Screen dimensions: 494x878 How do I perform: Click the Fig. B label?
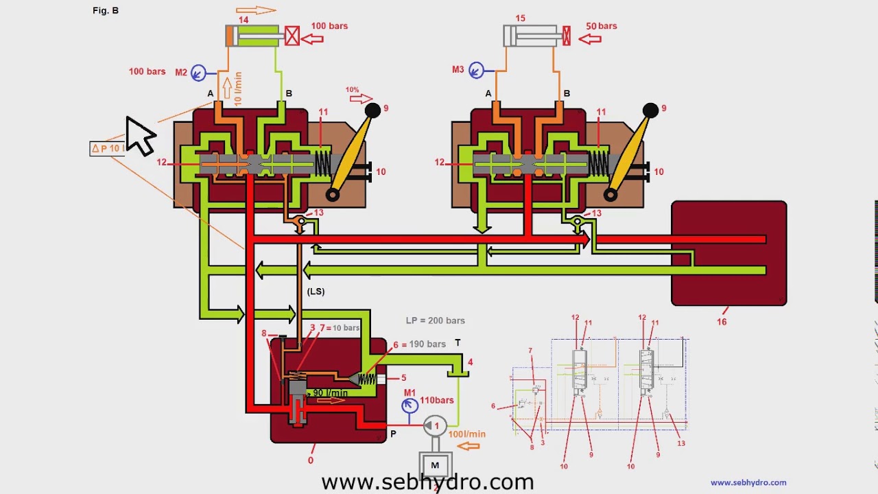(x=106, y=11)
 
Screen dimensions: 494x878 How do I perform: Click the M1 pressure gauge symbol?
(x=410, y=405)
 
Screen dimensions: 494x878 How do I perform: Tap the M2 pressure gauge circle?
(x=198, y=72)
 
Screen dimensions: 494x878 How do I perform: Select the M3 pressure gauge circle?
(x=476, y=69)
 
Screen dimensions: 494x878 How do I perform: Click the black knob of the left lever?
(x=372, y=110)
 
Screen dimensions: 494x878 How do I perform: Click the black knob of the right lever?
(x=650, y=110)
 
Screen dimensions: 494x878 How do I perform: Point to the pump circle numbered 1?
(x=435, y=426)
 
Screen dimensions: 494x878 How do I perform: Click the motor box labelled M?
(x=434, y=466)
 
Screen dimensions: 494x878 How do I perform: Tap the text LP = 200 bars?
(x=435, y=320)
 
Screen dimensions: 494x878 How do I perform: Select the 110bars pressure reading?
(x=437, y=400)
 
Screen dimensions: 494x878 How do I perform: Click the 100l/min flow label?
(x=467, y=434)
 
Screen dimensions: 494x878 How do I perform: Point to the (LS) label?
(x=316, y=292)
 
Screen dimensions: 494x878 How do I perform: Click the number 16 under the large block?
(x=722, y=321)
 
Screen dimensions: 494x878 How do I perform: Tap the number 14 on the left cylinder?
(x=244, y=20)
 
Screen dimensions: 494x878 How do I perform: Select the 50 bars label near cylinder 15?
(x=601, y=26)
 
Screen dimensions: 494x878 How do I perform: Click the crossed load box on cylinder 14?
(x=292, y=36)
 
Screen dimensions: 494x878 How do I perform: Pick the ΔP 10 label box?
(x=108, y=148)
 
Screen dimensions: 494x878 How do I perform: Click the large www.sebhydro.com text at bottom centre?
(x=427, y=482)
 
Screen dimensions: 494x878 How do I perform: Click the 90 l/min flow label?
(x=331, y=393)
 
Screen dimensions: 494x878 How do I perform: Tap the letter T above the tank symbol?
(x=458, y=343)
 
